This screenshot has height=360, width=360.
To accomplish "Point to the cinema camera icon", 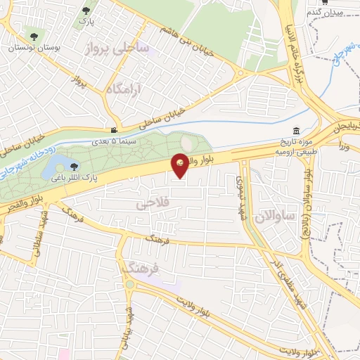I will coord(114,130).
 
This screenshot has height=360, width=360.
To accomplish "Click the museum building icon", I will coord(296,131).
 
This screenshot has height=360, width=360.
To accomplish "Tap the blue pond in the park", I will coord(52,168).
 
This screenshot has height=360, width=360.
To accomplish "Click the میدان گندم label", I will coord(326,13).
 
